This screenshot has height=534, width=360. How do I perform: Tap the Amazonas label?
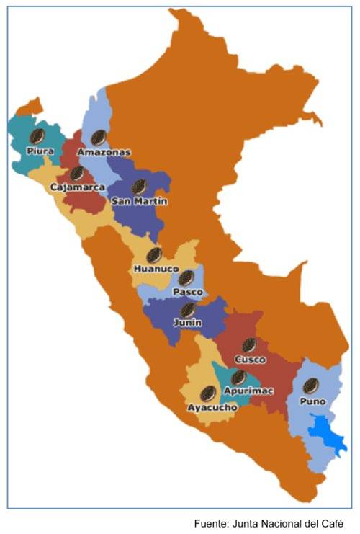(x=104, y=153)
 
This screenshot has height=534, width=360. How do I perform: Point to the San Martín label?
(x=140, y=202)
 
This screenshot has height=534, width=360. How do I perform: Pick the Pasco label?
(x=186, y=292)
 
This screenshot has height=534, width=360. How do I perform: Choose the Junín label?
(x=187, y=324)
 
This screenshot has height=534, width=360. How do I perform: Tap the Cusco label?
(x=250, y=359)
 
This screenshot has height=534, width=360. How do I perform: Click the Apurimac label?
(x=239, y=391)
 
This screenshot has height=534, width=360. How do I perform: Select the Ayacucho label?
(x=212, y=408)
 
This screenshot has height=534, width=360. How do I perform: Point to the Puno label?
(x=312, y=401)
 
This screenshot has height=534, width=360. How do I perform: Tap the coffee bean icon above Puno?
(x=311, y=386)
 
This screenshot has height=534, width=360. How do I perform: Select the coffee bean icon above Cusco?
(x=250, y=344)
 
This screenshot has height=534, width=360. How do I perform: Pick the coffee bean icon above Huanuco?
(x=153, y=254)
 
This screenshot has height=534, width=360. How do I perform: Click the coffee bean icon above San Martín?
(x=140, y=187)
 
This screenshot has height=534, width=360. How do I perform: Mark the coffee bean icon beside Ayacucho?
(x=208, y=393)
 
